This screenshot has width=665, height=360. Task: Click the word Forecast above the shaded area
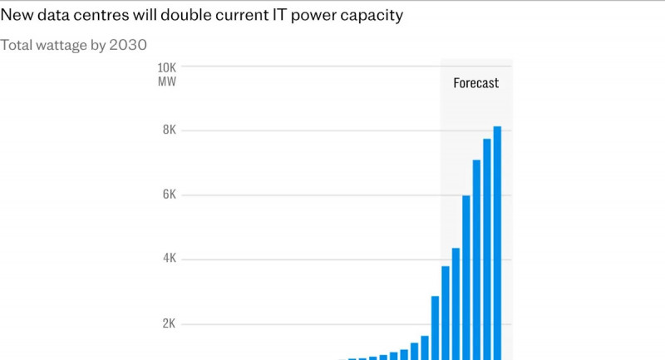476,83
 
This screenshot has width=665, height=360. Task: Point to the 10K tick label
166,67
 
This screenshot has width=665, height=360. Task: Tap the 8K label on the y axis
169,131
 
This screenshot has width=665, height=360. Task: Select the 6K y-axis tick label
169,195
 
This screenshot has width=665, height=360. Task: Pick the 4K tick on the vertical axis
169,259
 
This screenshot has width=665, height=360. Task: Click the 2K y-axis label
169,323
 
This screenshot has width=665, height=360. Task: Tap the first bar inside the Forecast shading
446,313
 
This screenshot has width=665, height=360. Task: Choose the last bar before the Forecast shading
435,328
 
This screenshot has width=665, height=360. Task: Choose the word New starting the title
16,17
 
